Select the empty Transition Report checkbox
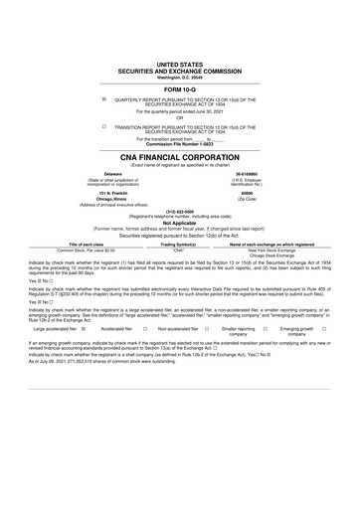tap(103, 126)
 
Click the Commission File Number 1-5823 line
tap(180, 146)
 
